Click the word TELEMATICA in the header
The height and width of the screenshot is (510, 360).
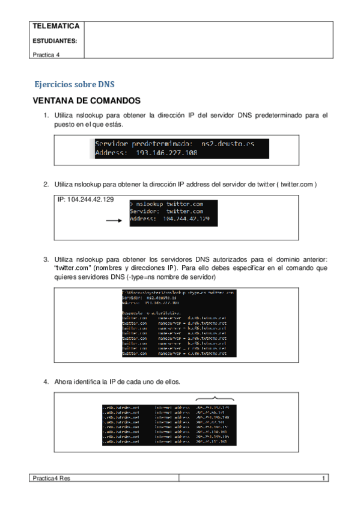click(55, 27)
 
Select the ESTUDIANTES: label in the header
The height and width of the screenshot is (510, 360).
click(53, 41)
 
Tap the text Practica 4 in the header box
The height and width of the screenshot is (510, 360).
click(46, 54)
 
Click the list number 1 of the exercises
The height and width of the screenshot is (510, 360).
click(46, 115)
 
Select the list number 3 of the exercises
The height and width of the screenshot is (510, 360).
click(46, 259)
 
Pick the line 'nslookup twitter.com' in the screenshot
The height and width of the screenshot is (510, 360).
click(169, 204)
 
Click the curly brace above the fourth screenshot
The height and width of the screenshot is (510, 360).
click(215, 399)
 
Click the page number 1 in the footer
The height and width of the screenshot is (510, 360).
click(323, 478)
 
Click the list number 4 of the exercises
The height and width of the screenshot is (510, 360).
click(46, 381)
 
